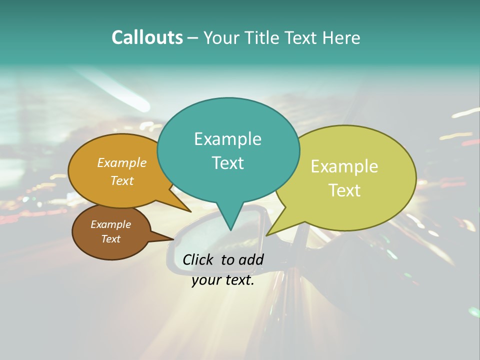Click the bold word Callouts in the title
tap(147, 37)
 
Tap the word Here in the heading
tap(341, 37)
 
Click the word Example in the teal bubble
tap(227, 139)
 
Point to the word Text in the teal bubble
tap(227, 163)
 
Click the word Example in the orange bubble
tap(121, 163)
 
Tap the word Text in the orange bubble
tap(121, 181)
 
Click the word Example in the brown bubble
tap(110, 224)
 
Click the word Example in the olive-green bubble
tap(344, 166)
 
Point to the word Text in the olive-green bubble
tap(344, 190)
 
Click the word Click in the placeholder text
tap(199, 259)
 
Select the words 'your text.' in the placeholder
tap(223, 280)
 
